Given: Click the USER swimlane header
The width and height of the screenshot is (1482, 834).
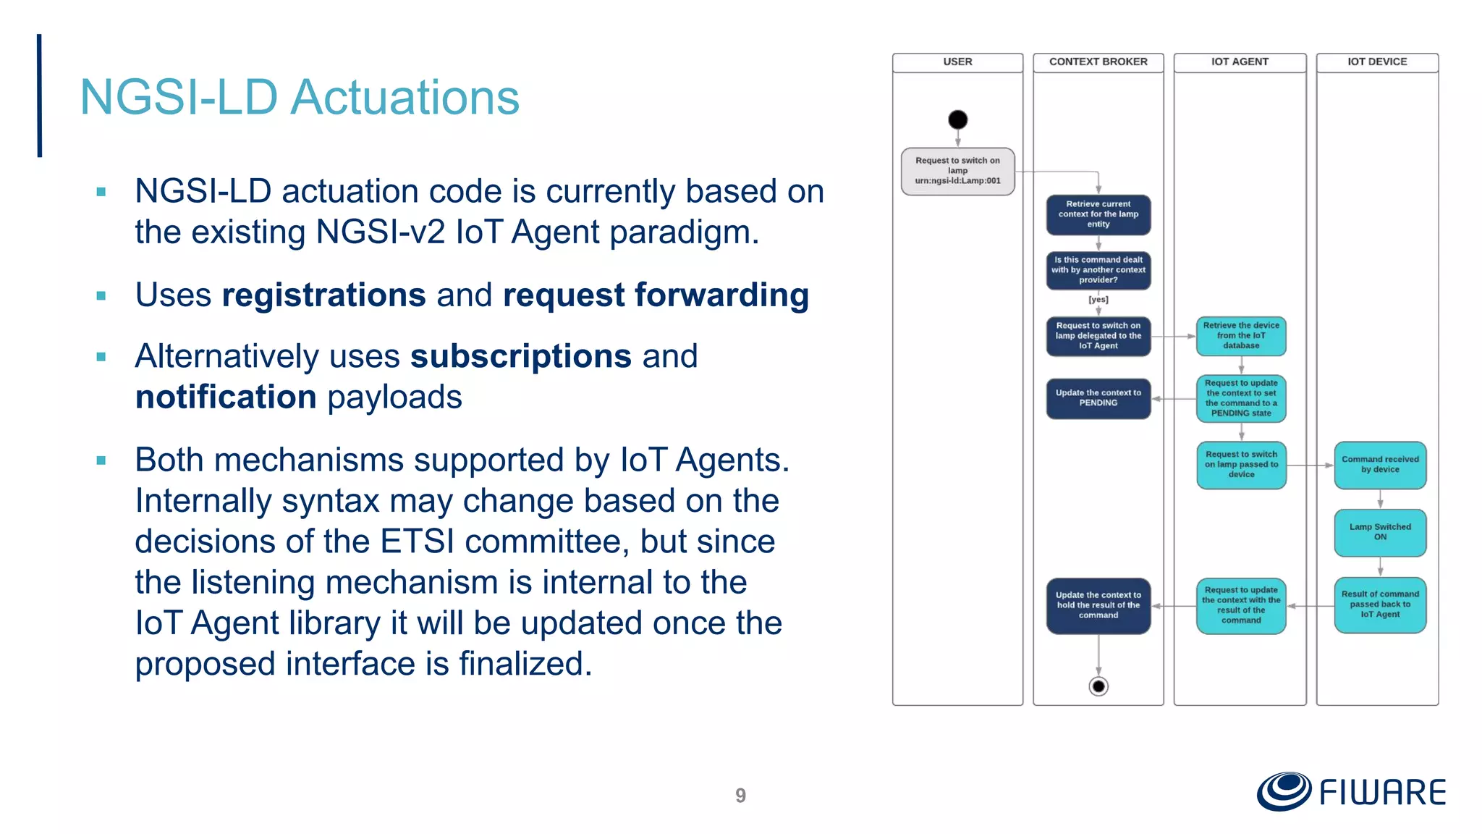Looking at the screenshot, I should (957, 62).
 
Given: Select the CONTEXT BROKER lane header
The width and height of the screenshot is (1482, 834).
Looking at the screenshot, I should (1098, 62).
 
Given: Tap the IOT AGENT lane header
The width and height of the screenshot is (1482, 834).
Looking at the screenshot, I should (1240, 62).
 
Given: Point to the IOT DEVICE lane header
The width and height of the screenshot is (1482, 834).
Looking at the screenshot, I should (1376, 62).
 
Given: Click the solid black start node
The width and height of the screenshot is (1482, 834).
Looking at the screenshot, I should (957, 119).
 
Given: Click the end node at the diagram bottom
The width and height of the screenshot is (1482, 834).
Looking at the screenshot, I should (1098, 686).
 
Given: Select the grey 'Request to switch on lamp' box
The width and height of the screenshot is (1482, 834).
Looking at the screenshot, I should (957, 171).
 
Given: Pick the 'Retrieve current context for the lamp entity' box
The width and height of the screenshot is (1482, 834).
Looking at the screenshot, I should (1098, 214).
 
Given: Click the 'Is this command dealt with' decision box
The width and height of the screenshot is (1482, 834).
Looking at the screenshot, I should (1098, 270).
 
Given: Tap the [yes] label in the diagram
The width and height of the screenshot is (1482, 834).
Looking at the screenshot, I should (1098, 300).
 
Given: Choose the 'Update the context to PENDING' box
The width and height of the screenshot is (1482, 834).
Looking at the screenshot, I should (1098, 398).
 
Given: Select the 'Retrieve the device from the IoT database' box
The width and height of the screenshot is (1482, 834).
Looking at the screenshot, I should (1241, 336).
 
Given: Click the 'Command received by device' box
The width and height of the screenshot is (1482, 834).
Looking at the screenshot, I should (1380, 465).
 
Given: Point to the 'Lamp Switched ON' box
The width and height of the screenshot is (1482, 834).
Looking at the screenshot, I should (1380, 532).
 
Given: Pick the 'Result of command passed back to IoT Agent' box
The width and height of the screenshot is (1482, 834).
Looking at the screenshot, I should (1380, 605).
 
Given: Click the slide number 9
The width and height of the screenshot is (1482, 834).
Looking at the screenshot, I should (740, 796).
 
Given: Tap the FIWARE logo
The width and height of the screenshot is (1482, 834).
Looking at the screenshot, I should (1351, 791).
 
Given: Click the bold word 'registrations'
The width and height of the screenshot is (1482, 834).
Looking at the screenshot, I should (323, 295).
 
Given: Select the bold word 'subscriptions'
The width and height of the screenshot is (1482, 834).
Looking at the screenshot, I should (521, 356).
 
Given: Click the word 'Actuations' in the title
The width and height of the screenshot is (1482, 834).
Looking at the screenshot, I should (405, 97).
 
